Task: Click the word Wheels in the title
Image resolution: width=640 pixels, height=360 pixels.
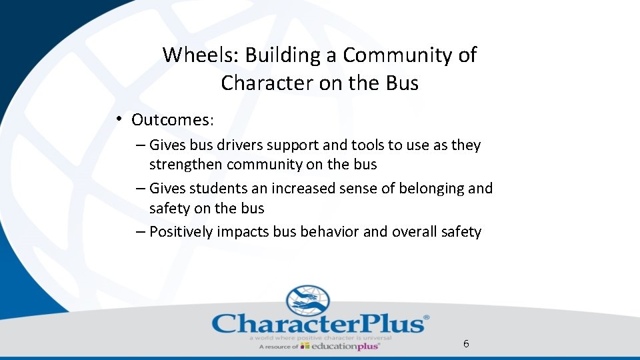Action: (201, 55)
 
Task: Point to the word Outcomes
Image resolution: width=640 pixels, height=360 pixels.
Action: (172, 120)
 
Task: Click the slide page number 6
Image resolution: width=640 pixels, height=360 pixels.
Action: (466, 343)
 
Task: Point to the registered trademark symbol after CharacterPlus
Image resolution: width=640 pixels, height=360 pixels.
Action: (427, 318)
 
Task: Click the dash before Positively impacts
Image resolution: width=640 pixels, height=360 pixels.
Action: (139, 231)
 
